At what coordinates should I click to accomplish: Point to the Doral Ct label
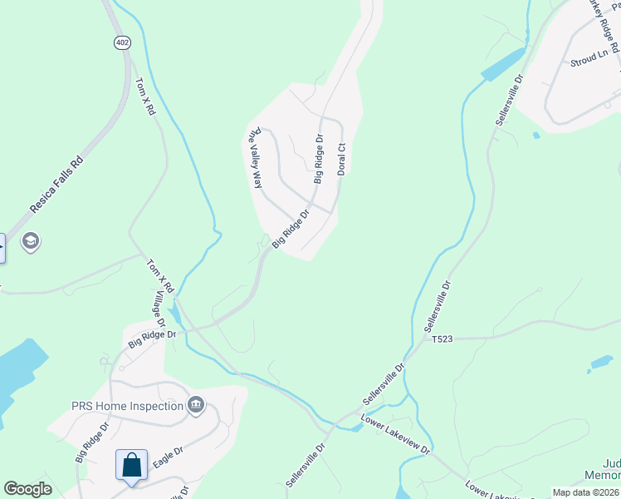point(340,158)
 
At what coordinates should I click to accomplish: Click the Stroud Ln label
point(589,60)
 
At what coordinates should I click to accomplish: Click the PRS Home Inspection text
point(126,406)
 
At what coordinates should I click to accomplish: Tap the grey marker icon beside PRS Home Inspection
point(196,405)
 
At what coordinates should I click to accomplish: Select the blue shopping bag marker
point(132,464)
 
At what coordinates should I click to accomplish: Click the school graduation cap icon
point(31,242)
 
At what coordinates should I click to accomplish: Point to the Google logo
point(27,489)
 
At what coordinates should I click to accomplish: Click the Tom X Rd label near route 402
point(145,96)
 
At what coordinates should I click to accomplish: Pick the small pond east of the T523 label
point(601,362)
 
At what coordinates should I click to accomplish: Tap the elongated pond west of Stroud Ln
point(503,64)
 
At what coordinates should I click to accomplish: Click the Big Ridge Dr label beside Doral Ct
point(318,158)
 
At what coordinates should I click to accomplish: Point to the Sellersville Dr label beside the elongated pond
point(509,101)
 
